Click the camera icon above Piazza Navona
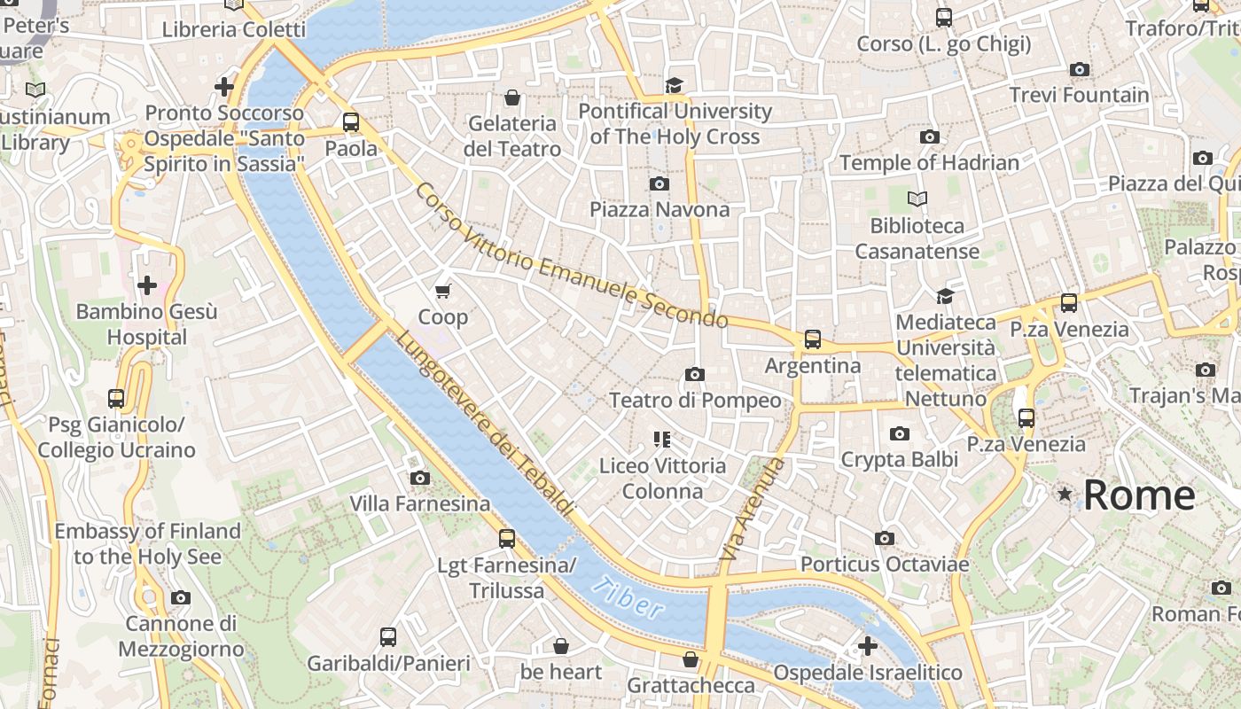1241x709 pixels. pos(659,183)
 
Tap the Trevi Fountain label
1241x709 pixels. pos(1079,95)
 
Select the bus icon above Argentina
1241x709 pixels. pos(812,339)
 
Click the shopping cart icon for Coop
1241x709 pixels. pos(443,291)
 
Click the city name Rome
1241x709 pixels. pos(1139,495)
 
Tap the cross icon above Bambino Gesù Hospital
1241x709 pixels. pos(147,285)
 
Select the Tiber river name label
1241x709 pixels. pos(628,597)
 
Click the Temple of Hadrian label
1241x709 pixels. pos(929,162)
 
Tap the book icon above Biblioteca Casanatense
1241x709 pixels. pos(917,199)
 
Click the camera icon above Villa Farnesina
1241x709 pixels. pos(420,479)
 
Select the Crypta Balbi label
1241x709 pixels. pos(899,459)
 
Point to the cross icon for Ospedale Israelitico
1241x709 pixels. pos(867,645)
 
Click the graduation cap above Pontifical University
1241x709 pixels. pos(675,85)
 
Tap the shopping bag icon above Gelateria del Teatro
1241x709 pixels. pos(511,97)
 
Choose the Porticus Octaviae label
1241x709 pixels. pos(885,564)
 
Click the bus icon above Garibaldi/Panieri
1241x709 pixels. pos(388,636)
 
